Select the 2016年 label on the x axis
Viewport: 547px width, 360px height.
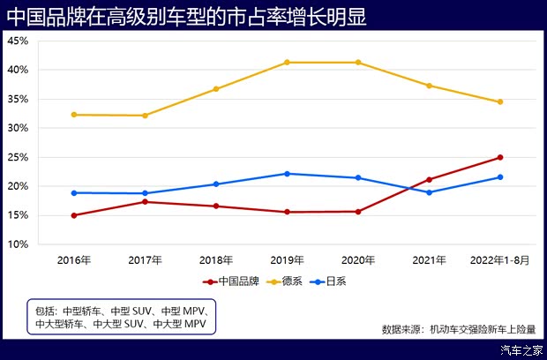pyautogui.click(x=74, y=260)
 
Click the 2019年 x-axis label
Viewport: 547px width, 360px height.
pyautogui.click(x=287, y=260)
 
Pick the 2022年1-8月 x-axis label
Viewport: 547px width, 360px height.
pyautogui.click(x=499, y=260)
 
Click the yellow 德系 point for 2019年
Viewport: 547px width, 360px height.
pyautogui.click(x=287, y=63)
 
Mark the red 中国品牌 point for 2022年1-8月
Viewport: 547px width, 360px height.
pyautogui.click(x=500, y=157)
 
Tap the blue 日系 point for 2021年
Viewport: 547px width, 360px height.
pyautogui.click(x=429, y=192)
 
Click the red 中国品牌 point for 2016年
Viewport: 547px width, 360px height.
pyautogui.click(x=74, y=215)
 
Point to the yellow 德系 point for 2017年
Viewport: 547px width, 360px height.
pyautogui.click(x=145, y=116)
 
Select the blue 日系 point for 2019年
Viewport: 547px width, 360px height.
pyautogui.click(x=287, y=174)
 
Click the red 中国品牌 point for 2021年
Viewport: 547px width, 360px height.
pyautogui.click(x=429, y=179)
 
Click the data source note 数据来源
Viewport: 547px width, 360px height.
pyautogui.click(x=458, y=329)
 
